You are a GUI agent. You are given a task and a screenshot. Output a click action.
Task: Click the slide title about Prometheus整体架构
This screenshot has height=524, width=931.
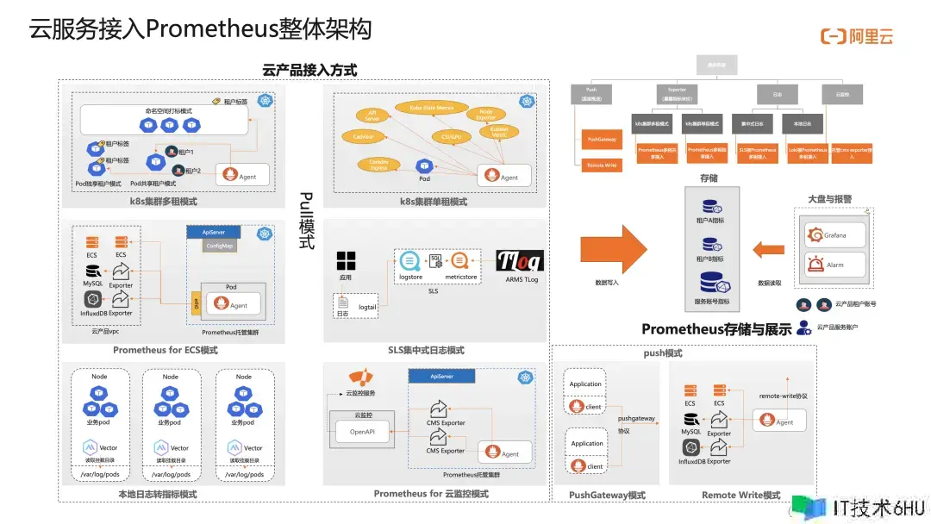tap(200, 28)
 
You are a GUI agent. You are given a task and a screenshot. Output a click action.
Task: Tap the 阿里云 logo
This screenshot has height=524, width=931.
tap(856, 36)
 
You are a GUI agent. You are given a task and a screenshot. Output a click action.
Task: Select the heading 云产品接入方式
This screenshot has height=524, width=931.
tap(309, 70)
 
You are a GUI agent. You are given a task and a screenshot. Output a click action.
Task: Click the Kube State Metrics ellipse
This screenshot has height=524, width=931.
tap(424, 109)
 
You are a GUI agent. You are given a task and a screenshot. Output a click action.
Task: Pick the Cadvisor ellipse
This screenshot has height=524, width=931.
tap(357, 136)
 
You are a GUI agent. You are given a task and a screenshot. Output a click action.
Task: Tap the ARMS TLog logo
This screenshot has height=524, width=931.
tap(520, 261)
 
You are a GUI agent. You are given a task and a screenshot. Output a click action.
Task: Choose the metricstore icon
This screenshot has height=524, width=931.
tap(460, 259)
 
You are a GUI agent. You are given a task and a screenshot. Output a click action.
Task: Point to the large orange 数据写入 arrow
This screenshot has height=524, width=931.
tap(614, 246)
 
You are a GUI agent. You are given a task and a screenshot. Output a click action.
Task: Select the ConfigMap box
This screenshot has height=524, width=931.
tap(220, 246)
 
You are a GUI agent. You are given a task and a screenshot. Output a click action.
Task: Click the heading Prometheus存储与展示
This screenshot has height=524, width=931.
tap(716, 329)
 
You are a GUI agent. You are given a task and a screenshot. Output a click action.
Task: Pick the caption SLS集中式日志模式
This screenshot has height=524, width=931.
tap(426, 350)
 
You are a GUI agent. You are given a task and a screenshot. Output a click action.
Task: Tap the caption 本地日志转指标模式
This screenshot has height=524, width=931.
tap(157, 494)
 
